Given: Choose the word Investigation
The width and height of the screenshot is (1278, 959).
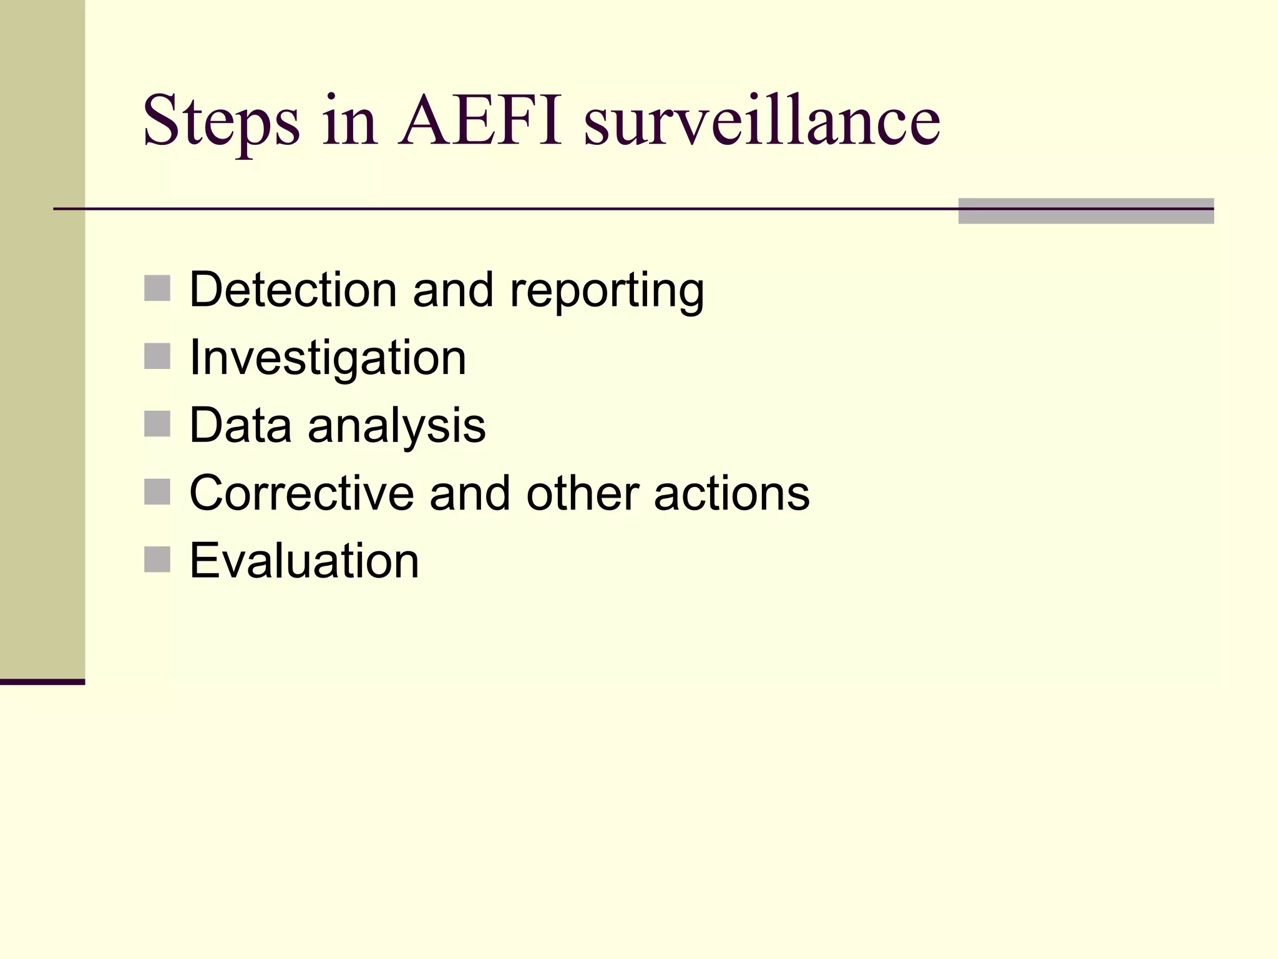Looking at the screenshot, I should tap(328, 358).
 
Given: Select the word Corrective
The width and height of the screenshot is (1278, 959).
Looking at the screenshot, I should tap(301, 493).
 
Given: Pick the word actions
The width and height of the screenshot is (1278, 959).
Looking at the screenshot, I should tap(731, 493).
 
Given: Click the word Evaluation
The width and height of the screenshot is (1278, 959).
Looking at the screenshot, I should tap(304, 561).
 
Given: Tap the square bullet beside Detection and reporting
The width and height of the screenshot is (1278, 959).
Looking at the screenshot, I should tap(157, 288).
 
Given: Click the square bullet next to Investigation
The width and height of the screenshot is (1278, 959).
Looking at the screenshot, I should tap(157, 357).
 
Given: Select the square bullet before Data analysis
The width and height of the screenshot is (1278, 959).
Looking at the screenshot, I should tap(157, 424).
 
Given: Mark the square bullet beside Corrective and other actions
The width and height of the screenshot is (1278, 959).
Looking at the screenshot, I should tap(157, 492).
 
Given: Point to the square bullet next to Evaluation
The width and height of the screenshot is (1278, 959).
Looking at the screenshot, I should tap(157, 559).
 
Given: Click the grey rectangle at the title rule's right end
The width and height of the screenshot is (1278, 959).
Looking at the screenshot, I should tap(1086, 211).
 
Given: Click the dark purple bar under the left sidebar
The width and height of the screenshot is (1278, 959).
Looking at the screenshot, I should tap(42, 682).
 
